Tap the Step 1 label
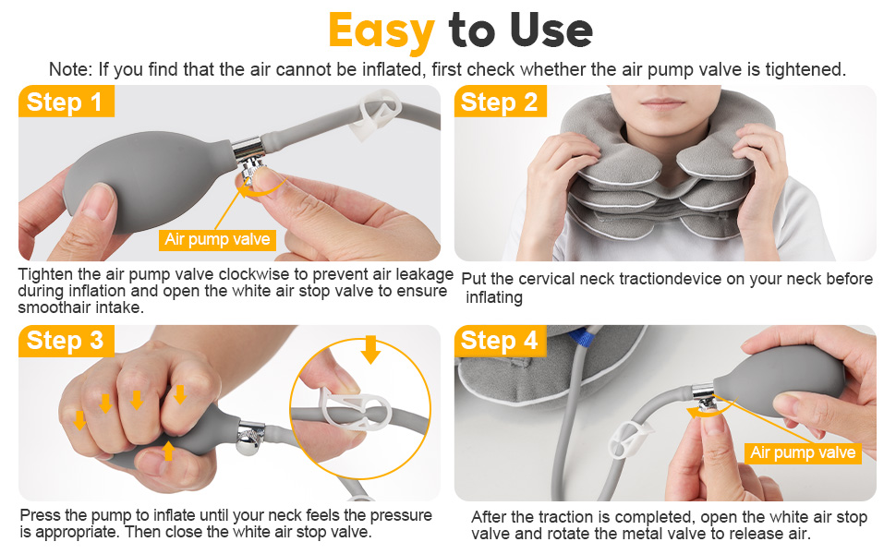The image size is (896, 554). click(x=66, y=102)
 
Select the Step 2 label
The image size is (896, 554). click(x=500, y=102)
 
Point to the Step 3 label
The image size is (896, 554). click(x=66, y=341)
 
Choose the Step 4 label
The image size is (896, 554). click(x=500, y=341)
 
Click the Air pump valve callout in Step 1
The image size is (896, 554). click(x=217, y=239)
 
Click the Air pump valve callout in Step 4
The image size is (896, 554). click(x=803, y=453)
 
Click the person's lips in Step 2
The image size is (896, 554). click(x=663, y=103)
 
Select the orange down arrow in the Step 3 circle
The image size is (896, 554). click(x=370, y=349)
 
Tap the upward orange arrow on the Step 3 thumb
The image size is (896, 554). click(x=168, y=450)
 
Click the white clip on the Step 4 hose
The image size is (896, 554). click(x=631, y=442)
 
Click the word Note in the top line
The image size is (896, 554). click(x=70, y=69)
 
